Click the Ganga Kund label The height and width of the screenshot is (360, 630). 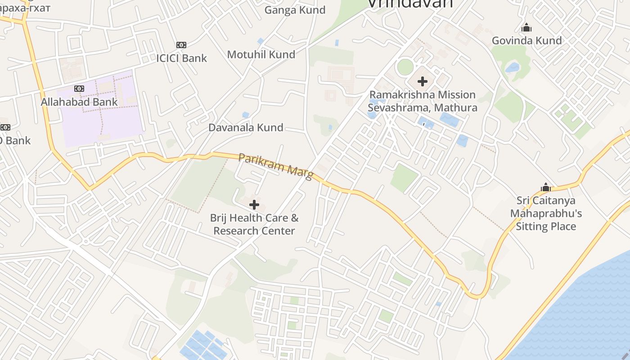point(295,10)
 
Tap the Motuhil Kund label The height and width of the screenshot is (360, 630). point(261,54)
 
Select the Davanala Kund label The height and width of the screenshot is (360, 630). point(246,127)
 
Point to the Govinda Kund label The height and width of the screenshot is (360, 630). point(526,40)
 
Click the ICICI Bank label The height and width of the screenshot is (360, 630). point(181,58)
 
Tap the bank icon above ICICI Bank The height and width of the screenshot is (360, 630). point(181,45)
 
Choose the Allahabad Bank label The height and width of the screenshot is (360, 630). point(79,102)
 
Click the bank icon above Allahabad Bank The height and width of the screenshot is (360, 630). point(79,89)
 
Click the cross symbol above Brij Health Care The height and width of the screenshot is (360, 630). point(254,205)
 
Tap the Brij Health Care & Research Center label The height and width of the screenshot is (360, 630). point(254,224)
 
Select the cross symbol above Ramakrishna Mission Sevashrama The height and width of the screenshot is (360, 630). point(422,81)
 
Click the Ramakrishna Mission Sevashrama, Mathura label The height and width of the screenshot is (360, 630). point(422,101)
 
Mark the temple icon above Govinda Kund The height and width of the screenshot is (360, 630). point(526,28)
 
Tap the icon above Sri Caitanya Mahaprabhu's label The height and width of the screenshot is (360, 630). point(545,187)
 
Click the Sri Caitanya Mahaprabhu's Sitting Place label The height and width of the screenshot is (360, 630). point(545,213)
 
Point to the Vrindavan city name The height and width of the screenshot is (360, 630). point(410,4)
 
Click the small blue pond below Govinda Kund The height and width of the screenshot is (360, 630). point(512,68)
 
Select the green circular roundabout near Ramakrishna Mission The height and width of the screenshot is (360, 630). point(405,67)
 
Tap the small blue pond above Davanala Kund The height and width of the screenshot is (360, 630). point(245,115)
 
